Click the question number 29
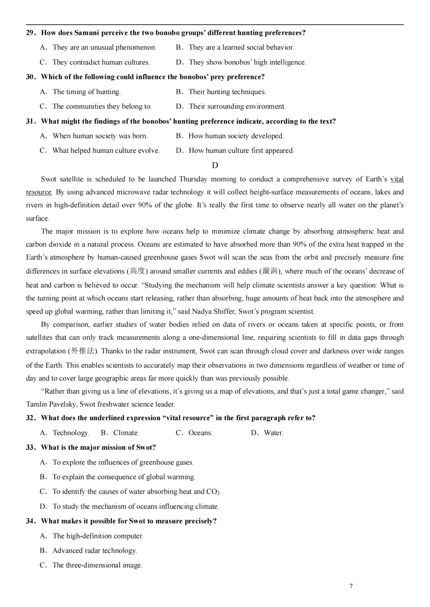[x=31, y=33]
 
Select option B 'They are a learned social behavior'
[x=241, y=48]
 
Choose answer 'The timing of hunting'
[x=86, y=92]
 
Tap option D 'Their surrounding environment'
[x=237, y=107]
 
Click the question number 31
[x=31, y=121]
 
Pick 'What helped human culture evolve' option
[x=106, y=151]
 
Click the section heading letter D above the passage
[x=215, y=165]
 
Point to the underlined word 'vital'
[x=397, y=179]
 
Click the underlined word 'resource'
[x=39, y=192]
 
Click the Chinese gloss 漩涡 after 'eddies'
[x=270, y=271]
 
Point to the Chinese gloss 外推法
[x=83, y=351]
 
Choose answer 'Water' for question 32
[x=273, y=433]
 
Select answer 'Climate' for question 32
[x=126, y=433]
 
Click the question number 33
[x=31, y=448]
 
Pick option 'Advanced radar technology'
[x=94, y=551]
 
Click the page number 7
[x=351, y=586]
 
